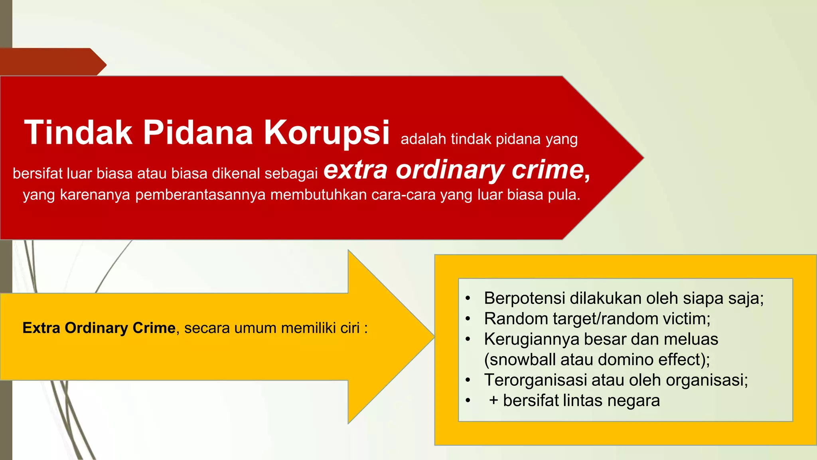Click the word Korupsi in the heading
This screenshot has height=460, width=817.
(326, 133)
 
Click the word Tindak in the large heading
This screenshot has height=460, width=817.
(78, 133)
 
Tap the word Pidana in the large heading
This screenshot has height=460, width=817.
(198, 133)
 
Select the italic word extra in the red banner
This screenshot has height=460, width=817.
(355, 170)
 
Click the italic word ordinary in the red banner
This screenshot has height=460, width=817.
(450, 171)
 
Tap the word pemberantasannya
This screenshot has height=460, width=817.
(200, 195)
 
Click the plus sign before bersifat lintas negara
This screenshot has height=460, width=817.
(493, 401)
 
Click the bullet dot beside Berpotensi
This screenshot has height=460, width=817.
(468, 299)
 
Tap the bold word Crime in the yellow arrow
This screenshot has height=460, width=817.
(154, 328)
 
